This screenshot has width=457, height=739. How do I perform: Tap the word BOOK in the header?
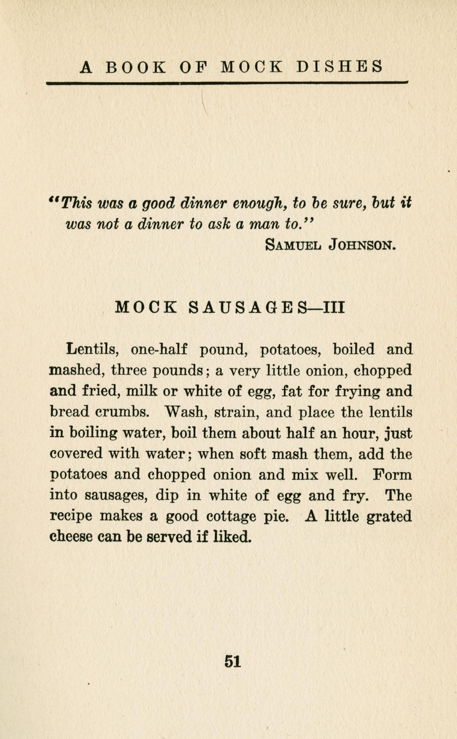(135, 67)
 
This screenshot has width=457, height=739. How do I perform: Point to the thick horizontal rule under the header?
(227, 82)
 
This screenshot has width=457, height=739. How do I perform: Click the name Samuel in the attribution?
(293, 244)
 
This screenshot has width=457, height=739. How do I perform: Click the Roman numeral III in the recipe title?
(334, 307)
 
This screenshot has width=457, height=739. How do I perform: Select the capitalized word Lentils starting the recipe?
(91, 349)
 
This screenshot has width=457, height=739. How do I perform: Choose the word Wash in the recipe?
(186, 412)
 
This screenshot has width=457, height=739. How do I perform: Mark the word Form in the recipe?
(392, 475)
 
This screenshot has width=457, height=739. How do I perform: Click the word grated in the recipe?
(389, 517)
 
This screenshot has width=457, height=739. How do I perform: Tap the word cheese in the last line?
(71, 537)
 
